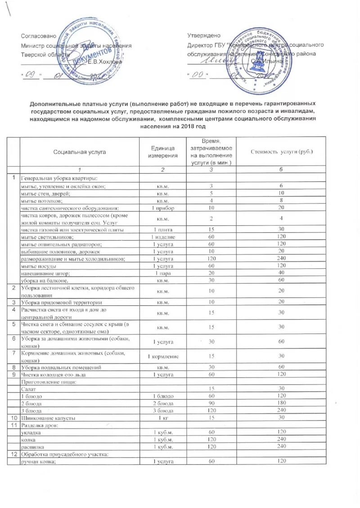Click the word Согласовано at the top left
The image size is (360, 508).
tap(39, 36)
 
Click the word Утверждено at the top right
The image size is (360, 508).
tap(204, 36)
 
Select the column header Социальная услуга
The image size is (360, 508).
tap(79, 152)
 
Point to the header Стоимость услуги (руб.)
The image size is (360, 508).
tap(282, 152)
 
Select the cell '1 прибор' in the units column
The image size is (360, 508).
tap(162, 208)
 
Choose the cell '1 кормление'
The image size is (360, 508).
tap(163, 356)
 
